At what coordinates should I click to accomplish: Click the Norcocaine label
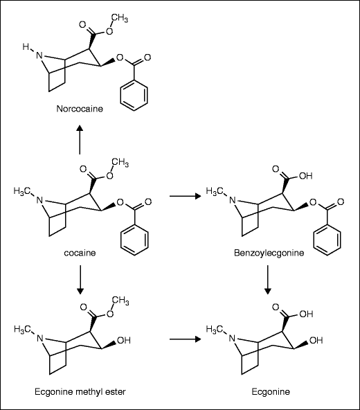point(81,109)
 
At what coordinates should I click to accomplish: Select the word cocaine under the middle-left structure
point(81,253)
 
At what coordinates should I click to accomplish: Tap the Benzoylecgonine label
point(269,253)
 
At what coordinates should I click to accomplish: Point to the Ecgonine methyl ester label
point(80,391)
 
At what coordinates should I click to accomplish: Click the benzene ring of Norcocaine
point(133,96)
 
